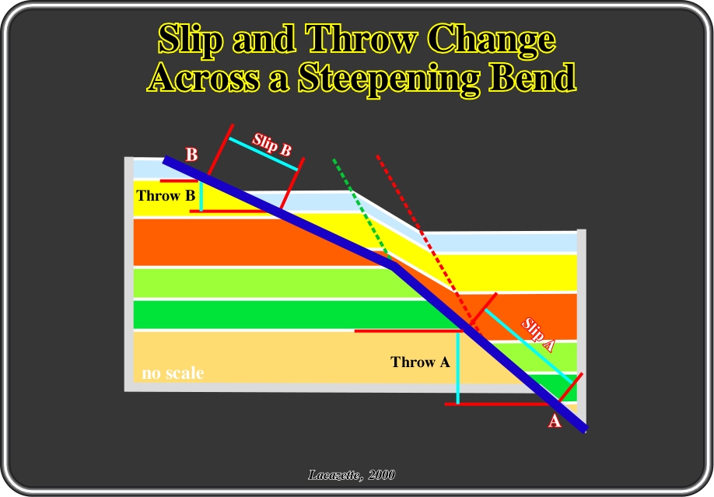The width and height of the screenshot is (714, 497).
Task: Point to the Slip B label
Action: tap(272, 144)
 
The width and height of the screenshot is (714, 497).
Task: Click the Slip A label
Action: tap(538, 334)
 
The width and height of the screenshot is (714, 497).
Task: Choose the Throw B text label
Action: tap(166, 196)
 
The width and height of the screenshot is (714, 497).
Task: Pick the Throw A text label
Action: tap(420, 362)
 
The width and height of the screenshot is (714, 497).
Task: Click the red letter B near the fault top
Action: tap(191, 155)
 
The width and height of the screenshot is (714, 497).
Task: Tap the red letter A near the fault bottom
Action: tap(555, 421)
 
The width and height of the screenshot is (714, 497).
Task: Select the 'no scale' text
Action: tap(173, 373)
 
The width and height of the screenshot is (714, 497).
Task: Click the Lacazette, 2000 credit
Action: tap(352, 475)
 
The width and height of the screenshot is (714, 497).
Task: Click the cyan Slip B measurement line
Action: tap(264, 154)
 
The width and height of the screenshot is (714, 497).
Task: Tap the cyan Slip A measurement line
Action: tap(529, 346)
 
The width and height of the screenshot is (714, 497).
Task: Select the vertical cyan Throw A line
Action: tap(457, 368)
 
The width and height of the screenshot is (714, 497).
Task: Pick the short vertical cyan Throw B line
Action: tap(201, 196)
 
